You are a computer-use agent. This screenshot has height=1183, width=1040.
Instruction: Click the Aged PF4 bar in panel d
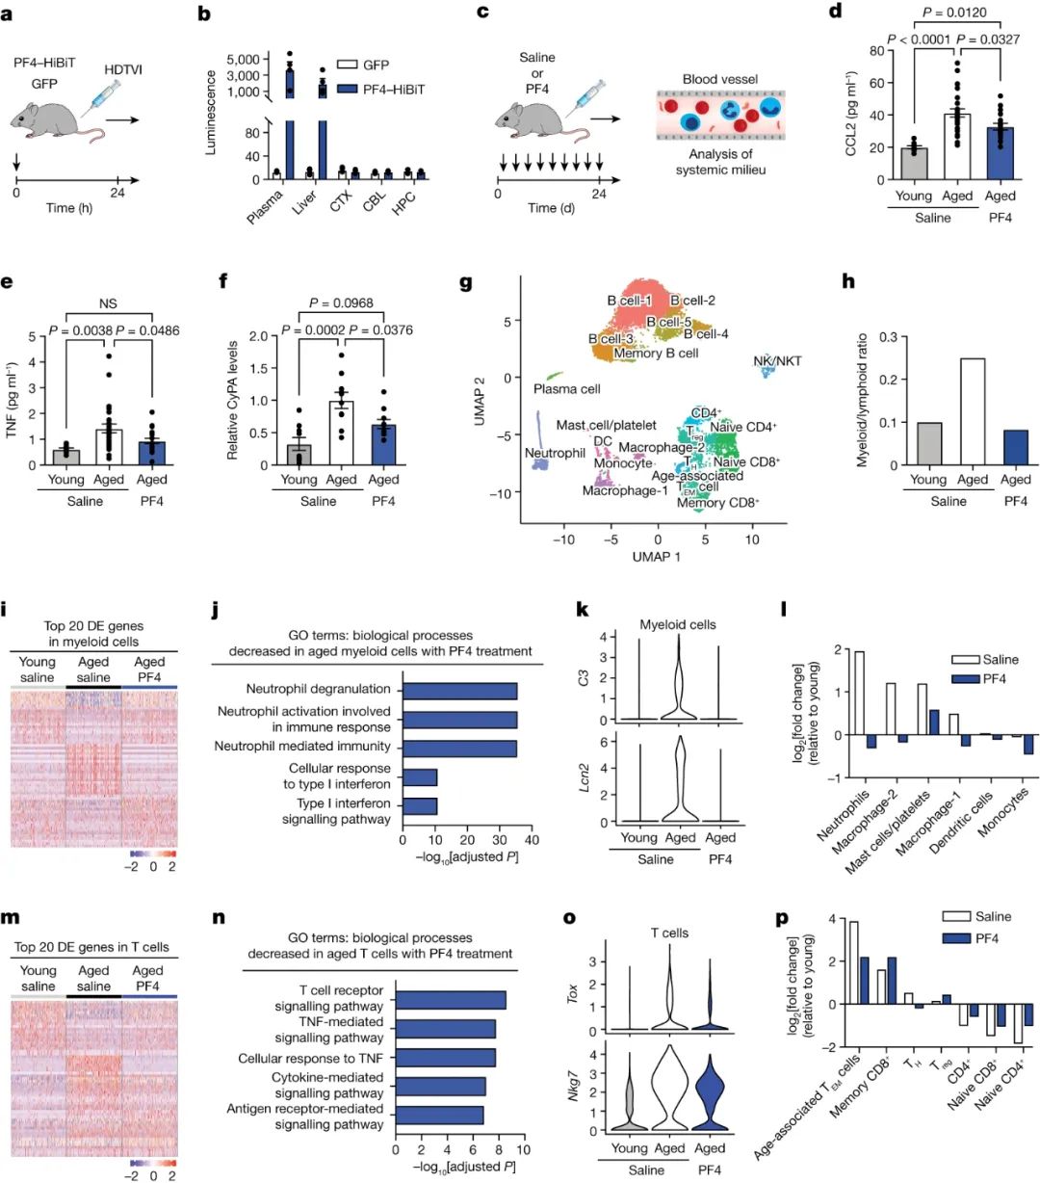(x=1000, y=153)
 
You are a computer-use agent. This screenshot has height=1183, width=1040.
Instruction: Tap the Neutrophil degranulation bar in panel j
(x=459, y=691)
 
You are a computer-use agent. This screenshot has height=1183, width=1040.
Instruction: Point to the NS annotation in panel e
(x=107, y=303)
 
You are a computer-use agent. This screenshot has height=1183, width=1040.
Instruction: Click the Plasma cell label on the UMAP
(x=567, y=389)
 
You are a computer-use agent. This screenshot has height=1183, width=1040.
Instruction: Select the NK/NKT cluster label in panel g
(x=778, y=361)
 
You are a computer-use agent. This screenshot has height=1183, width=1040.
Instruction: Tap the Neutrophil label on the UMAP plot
(x=555, y=453)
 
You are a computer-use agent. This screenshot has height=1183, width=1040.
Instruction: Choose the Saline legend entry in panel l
(x=987, y=660)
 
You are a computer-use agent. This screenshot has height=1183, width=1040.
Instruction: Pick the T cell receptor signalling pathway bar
(x=451, y=999)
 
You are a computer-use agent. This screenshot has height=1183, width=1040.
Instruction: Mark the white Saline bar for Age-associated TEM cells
(x=854, y=962)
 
